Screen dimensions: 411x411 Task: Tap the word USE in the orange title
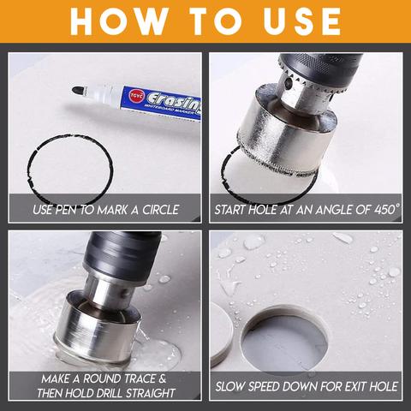point(302,21)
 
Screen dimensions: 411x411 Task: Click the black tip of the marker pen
point(79,90)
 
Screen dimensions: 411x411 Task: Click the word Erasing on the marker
point(174,101)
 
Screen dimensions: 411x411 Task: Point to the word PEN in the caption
point(66,210)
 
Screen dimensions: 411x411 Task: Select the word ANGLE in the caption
point(333,210)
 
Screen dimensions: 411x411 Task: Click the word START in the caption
point(230,210)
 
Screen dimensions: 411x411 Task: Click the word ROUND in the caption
point(103,379)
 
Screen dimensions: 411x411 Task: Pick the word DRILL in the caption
point(110,393)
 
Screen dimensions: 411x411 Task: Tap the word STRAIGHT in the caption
point(151,393)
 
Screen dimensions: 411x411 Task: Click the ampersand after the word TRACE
point(162,379)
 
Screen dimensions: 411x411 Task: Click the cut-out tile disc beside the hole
point(222,335)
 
